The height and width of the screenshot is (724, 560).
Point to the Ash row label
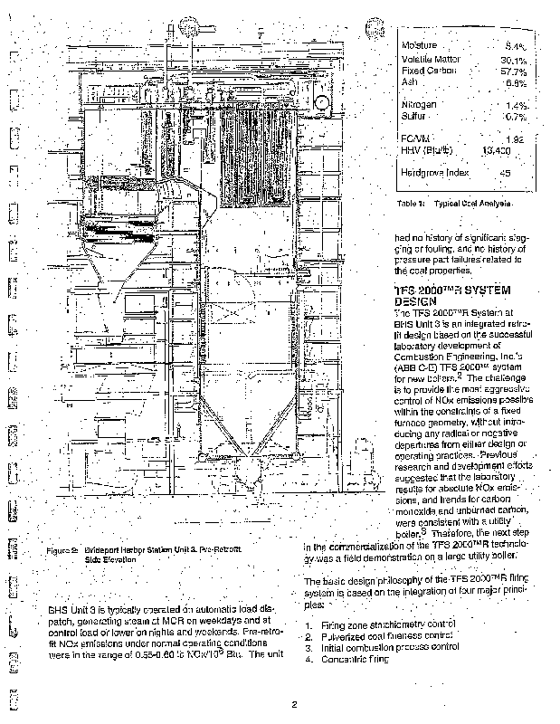coord(409,81)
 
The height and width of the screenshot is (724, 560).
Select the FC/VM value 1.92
coord(515,138)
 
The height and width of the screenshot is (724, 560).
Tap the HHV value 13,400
coord(500,150)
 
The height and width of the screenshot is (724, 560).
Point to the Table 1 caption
coord(453,205)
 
